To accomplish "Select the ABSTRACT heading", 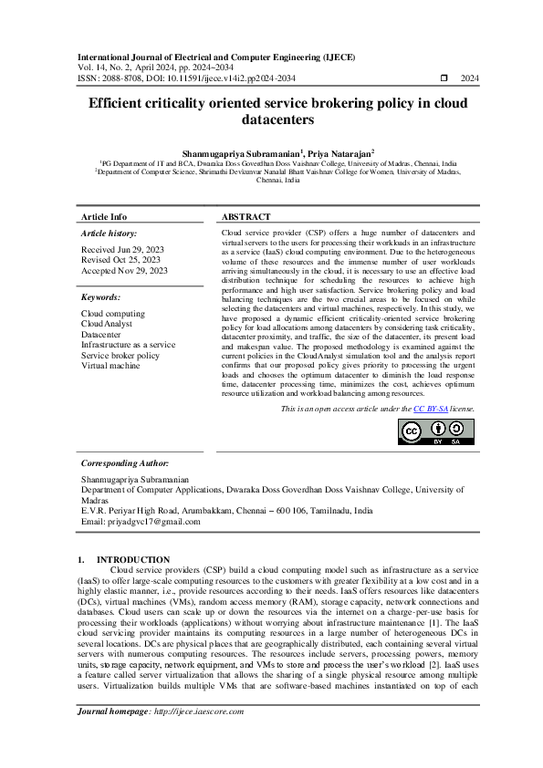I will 246,217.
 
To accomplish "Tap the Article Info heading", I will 104,217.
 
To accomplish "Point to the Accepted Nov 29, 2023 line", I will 124,271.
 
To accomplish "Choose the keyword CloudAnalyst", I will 107,324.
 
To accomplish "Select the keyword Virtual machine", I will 110,366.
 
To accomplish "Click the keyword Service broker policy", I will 120,356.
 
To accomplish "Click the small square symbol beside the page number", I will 444,79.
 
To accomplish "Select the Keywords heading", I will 100,297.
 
